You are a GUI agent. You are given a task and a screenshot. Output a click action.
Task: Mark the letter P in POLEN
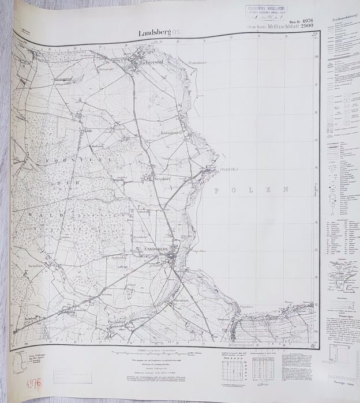point(216,190)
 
